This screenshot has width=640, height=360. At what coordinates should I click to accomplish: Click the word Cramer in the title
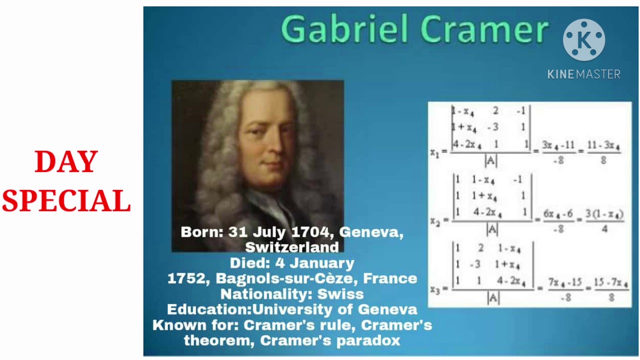[x=484, y=29]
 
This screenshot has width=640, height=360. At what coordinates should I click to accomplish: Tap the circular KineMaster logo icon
[x=583, y=40]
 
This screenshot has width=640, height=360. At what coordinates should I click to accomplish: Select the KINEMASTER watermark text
[x=583, y=74]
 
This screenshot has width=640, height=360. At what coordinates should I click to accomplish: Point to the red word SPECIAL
[x=66, y=201]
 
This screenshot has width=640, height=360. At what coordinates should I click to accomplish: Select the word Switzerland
[x=292, y=247]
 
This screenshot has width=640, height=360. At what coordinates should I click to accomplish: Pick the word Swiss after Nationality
[x=340, y=293]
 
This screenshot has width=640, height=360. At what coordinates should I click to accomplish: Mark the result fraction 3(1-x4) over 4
[x=604, y=221]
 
